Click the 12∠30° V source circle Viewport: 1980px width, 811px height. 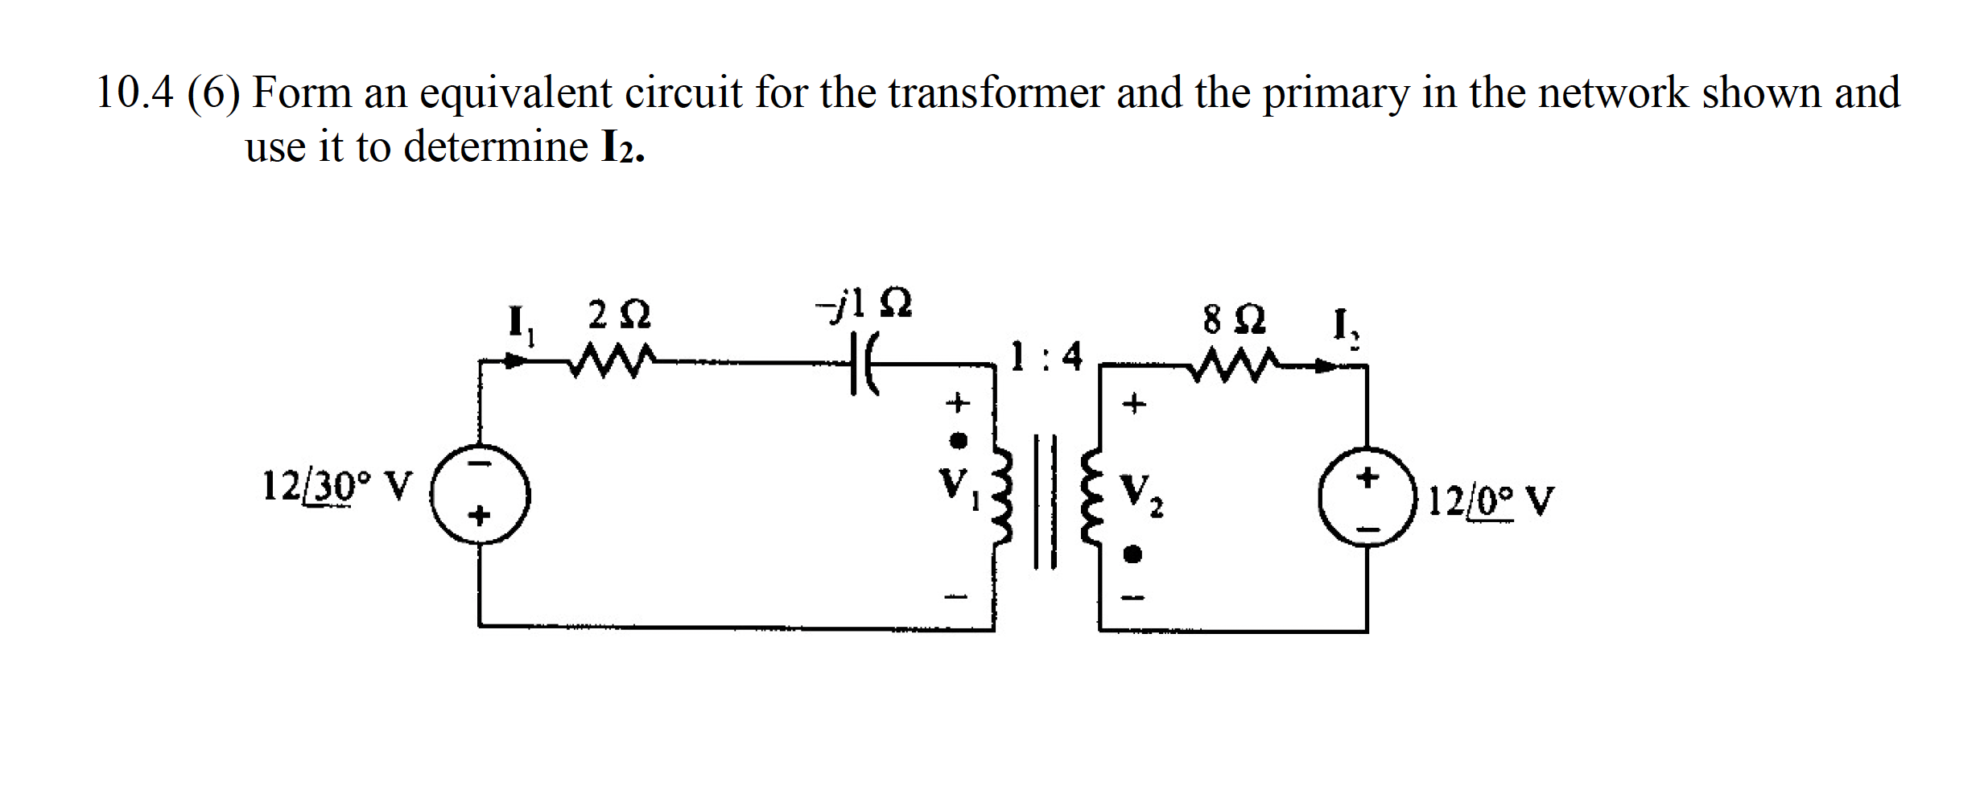click(481, 496)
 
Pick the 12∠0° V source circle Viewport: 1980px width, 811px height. click(1367, 496)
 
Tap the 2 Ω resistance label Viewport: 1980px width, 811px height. click(618, 315)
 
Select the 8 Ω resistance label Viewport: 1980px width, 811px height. click(1234, 319)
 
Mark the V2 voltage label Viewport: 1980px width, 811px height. click(1141, 494)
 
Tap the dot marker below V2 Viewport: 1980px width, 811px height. click(1133, 554)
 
